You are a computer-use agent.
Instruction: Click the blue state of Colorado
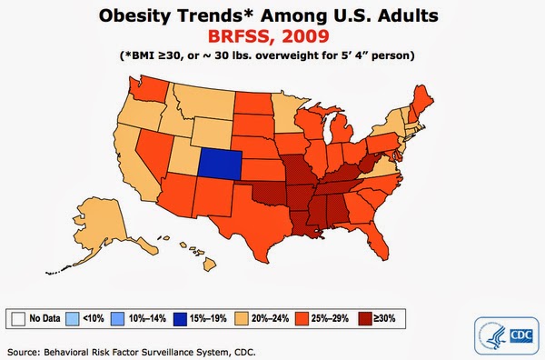220,165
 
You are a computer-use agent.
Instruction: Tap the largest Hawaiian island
209,265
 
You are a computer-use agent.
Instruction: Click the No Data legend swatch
18,318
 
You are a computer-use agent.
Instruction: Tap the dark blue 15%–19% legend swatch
180,318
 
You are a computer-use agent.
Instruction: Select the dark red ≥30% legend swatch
365,318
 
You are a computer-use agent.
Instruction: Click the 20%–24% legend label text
270,318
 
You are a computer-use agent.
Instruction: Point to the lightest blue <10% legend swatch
73,318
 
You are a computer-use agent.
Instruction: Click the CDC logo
507,335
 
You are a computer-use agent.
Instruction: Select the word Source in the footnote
23,352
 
